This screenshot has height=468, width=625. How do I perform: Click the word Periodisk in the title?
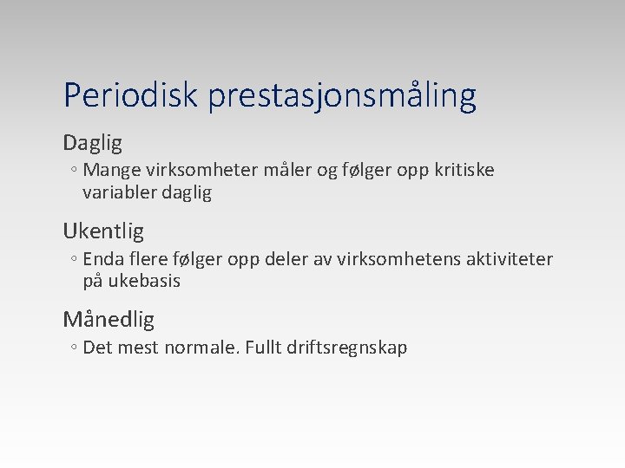pos(131,95)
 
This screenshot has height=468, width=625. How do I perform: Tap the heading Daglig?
pos(92,142)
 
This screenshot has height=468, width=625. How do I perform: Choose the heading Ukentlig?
pos(103,231)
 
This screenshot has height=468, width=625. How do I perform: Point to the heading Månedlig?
pos(109,320)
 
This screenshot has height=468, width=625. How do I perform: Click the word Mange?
pos(107,171)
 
